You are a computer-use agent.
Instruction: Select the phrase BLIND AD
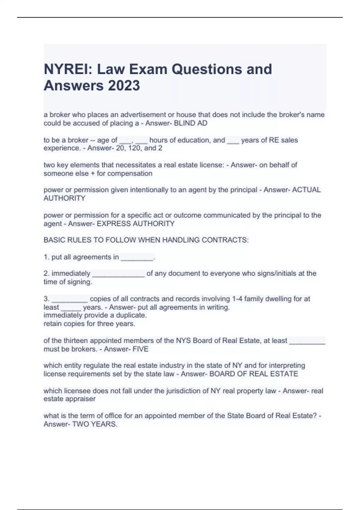tap(190, 123)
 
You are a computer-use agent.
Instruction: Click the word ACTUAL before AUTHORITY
tap(306, 190)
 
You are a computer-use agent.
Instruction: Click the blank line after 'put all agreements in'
tap(137, 257)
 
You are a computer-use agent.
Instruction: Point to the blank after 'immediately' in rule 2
tap(118, 274)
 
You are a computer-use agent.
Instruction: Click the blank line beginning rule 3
tap(70, 299)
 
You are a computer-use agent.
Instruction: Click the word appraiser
tap(81, 399)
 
